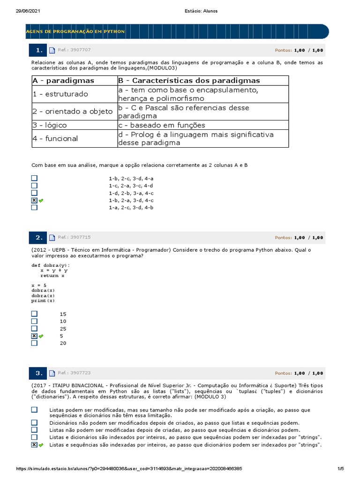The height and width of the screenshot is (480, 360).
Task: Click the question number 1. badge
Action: pyautogui.click(x=39, y=50)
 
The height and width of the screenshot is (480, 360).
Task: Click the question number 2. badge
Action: pyautogui.click(x=39, y=238)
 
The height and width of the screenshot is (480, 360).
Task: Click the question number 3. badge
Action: pyautogui.click(x=39, y=373)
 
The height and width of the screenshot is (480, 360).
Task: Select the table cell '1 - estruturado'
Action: pyautogui.click(x=60, y=94)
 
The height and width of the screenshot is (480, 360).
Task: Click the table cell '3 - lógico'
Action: pyautogui.click(x=50, y=125)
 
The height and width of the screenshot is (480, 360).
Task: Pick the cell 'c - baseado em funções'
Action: pyautogui.click(x=162, y=125)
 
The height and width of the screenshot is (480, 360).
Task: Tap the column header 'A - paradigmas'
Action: pyautogui.click(x=63, y=81)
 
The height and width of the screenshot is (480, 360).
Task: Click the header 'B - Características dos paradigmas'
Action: pyautogui.click(x=189, y=81)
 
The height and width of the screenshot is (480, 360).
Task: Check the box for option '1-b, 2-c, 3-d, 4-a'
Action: pyautogui.click(x=34, y=178)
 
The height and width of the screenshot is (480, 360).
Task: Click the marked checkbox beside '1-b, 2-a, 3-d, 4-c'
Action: pyautogui.click(x=34, y=200)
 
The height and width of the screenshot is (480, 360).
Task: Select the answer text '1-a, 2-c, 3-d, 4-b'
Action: pyautogui.click(x=131, y=207)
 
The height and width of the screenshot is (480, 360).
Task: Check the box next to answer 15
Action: pyautogui.click(x=34, y=314)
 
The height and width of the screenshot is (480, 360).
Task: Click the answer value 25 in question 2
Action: pyautogui.click(x=63, y=329)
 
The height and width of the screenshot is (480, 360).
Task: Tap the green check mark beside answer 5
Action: pyautogui.click(x=41, y=336)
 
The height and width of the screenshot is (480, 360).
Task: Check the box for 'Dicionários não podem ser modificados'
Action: pyautogui.click(x=34, y=422)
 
